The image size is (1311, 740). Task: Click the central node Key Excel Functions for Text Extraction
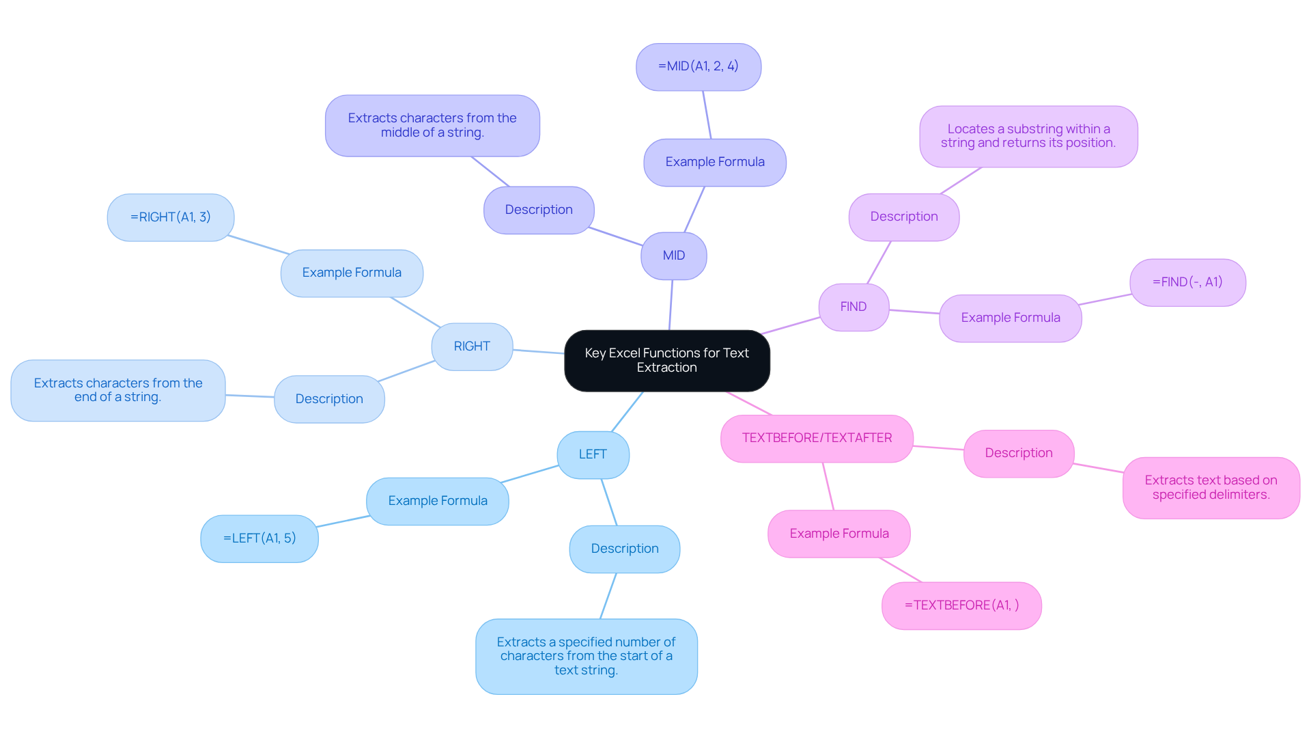click(666, 360)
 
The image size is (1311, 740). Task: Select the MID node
click(673, 256)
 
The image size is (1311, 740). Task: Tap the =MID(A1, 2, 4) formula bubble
click(698, 66)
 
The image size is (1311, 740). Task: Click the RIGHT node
click(472, 346)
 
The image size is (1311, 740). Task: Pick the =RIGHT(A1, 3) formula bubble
click(170, 217)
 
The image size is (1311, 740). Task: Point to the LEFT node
click(593, 454)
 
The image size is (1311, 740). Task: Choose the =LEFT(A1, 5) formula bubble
click(259, 538)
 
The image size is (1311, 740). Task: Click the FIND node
click(853, 307)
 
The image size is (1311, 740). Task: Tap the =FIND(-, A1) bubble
click(1187, 282)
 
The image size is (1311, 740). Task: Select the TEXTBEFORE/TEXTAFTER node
click(817, 438)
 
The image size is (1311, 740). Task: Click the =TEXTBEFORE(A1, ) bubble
click(961, 605)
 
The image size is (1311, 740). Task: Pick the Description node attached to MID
click(539, 210)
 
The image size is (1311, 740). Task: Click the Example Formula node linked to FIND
click(1010, 318)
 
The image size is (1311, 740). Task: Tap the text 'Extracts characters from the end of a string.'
click(117, 390)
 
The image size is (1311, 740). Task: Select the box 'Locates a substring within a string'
click(1028, 136)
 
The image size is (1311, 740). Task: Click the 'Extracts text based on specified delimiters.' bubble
click(1210, 487)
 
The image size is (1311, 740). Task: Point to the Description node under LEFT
click(624, 549)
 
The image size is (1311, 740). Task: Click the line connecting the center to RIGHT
click(539, 351)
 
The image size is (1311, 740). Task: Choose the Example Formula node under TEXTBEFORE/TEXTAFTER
click(838, 534)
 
